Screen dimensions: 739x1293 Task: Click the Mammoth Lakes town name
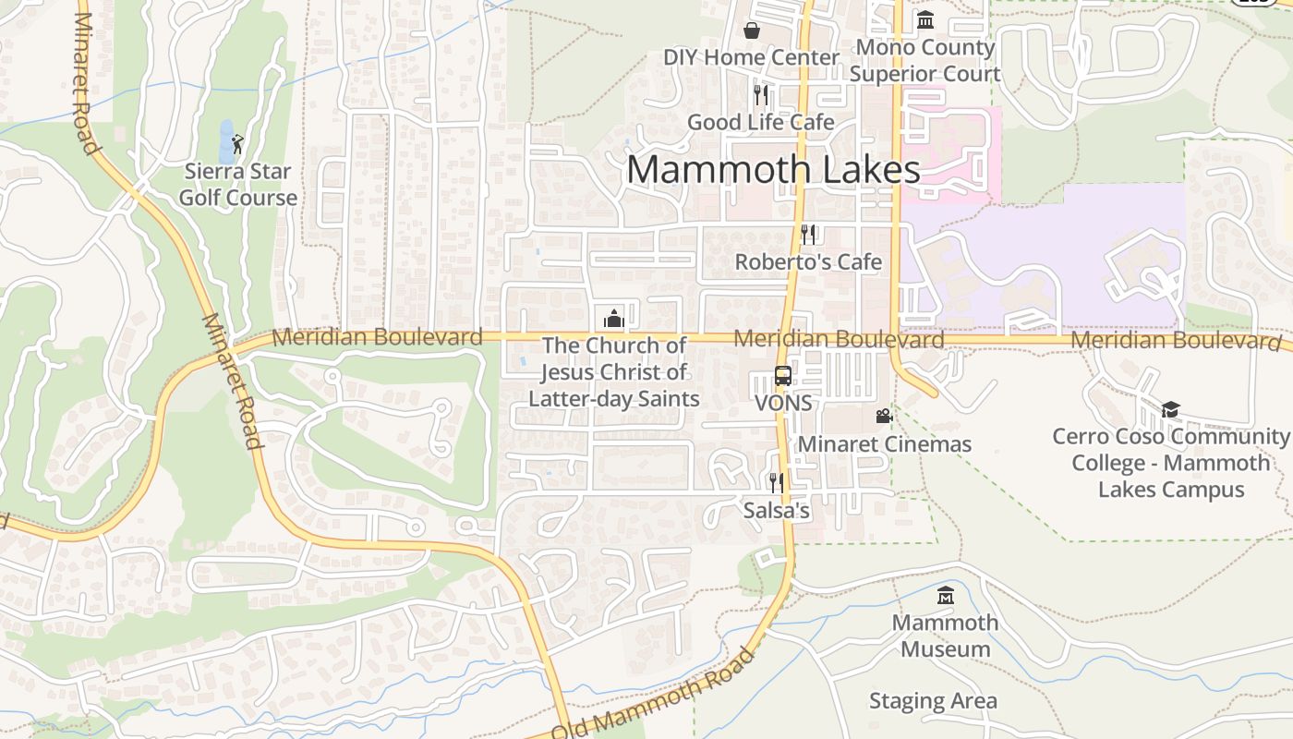click(x=773, y=170)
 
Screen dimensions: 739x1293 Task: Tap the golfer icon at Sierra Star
click(x=237, y=144)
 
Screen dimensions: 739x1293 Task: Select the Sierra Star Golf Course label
click(x=238, y=184)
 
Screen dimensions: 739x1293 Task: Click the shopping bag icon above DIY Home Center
click(x=753, y=31)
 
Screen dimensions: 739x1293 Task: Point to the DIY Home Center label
click(x=751, y=57)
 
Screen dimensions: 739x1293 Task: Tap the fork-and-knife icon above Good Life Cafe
click(x=760, y=95)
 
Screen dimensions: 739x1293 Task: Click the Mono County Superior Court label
click(x=924, y=60)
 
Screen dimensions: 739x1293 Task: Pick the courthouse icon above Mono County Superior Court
click(x=924, y=19)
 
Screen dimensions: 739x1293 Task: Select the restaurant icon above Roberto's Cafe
click(x=808, y=235)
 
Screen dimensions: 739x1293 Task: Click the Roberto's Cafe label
click(x=808, y=262)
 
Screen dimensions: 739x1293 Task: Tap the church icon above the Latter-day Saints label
click(x=614, y=319)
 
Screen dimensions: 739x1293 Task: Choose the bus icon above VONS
click(x=782, y=376)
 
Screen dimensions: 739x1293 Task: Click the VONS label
click(x=783, y=404)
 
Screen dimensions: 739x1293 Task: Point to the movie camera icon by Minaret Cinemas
click(x=884, y=417)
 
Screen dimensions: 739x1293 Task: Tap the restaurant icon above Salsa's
click(x=776, y=482)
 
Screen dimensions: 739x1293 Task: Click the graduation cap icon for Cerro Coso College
click(x=1170, y=409)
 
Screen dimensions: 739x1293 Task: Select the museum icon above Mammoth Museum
click(x=945, y=596)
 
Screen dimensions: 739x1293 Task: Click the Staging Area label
click(x=933, y=701)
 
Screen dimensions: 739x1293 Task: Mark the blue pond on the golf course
click(x=226, y=140)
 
